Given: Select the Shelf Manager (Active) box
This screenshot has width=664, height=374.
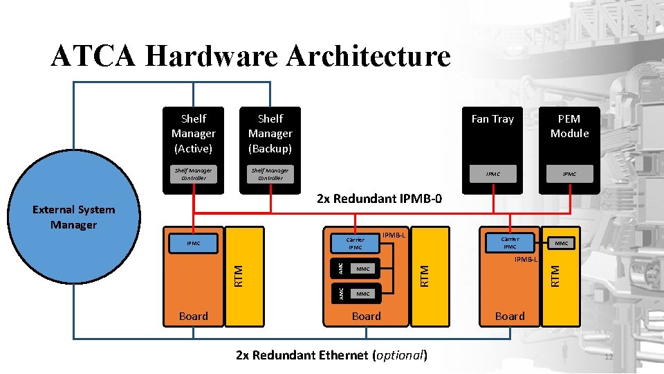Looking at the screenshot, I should pyautogui.click(x=193, y=133).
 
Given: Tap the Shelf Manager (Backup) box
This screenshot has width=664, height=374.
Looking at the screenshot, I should pyautogui.click(x=270, y=133).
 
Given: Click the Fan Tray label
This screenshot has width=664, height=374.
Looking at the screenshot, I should pyautogui.click(x=492, y=119).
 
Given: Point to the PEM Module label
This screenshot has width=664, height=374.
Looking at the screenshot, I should pyautogui.click(x=569, y=126).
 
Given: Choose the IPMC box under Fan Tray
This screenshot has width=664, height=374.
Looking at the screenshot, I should pyautogui.click(x=492, y=174).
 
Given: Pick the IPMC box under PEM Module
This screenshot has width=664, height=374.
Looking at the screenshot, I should pyautogui.click(x=569, y=174).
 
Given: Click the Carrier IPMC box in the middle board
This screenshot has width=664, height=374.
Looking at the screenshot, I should pyautogui.click(x=355, y=243).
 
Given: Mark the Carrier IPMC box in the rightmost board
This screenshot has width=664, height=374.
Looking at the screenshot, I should pyautogui.click(x=510, y=242).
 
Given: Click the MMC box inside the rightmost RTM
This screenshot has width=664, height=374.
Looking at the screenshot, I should pyautogui.click(x=561, y=243).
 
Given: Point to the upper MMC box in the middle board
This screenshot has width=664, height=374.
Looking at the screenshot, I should pyautogui.click(x=363, y=268).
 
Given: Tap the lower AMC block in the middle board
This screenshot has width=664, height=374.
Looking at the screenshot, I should pyautogui.click(x=340, y=294).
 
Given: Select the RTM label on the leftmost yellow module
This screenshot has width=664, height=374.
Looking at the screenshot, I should pyautogui.click(x=238, y=276).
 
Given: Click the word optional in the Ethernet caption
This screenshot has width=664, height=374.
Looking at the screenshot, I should pyautogui.click(x=399, y=355).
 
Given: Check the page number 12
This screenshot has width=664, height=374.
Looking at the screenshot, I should pyautogui.click(x=609, y=357).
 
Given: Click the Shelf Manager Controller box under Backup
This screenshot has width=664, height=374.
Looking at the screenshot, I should pyautogui.click(x=270, y=174).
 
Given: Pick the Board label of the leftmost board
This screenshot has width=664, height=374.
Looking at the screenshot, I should pyautogui.click(x=193, y=316).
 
